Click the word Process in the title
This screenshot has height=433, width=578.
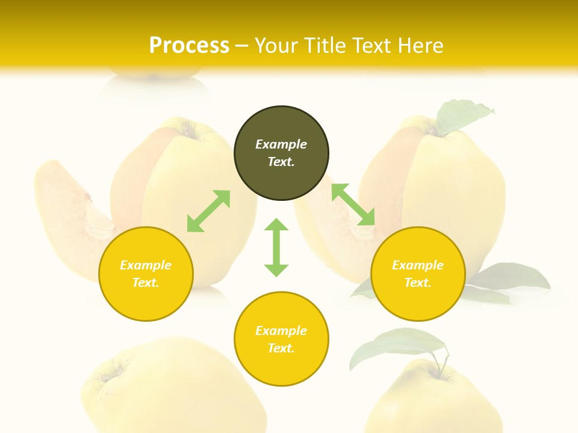coord(189,46)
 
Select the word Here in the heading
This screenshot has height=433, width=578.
coord(419,46)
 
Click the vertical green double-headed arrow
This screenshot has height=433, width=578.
coord(276,247)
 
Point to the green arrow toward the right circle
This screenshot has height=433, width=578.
coord(353,204)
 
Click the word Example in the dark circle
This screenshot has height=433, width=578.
coord(281,144)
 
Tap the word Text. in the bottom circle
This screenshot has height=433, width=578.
coord(281,348)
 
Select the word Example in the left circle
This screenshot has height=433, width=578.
coord(146,265)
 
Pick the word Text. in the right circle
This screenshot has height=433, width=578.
coord(418,283)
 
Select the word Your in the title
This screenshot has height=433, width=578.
coord(275,46)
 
